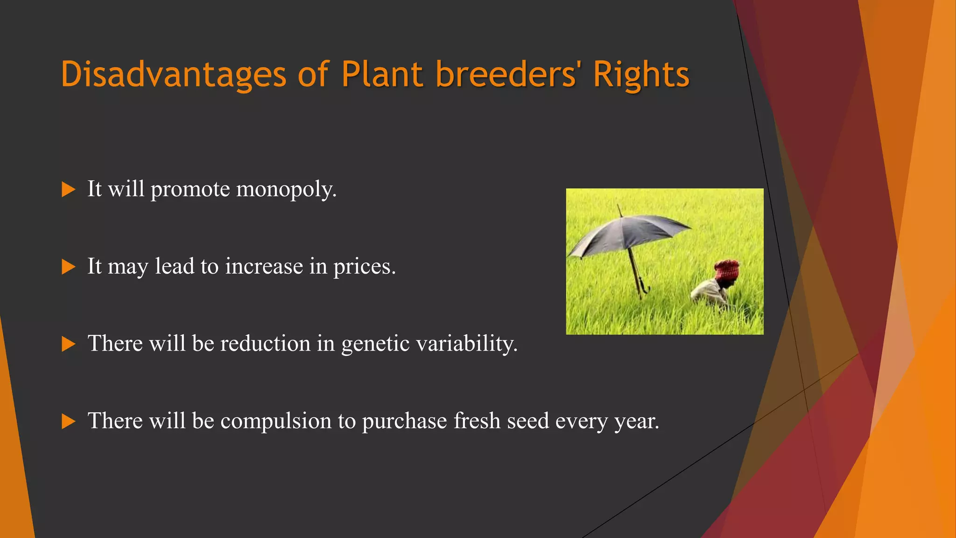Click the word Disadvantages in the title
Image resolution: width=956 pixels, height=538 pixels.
pyautogui.click(x=173, y=75)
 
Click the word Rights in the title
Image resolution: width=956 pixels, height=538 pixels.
pyautogui.click(x=641, y=75)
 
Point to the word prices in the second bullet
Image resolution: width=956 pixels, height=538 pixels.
pyautogui.click(x=364, y=267)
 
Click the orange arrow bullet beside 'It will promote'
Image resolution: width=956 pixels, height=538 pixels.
pyautogui.click(x=68, y=190)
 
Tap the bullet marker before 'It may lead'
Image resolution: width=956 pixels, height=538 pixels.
pyautogui.click(x=68, y=267)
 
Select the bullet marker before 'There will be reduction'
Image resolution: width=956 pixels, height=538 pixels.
pyautogui.click(x=68, y=345)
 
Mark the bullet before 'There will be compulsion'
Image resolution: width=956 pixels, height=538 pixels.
pyautogui.click(x=68, y=422)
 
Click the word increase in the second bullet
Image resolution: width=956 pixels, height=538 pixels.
pyautogui.click(x=264, y=267)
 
